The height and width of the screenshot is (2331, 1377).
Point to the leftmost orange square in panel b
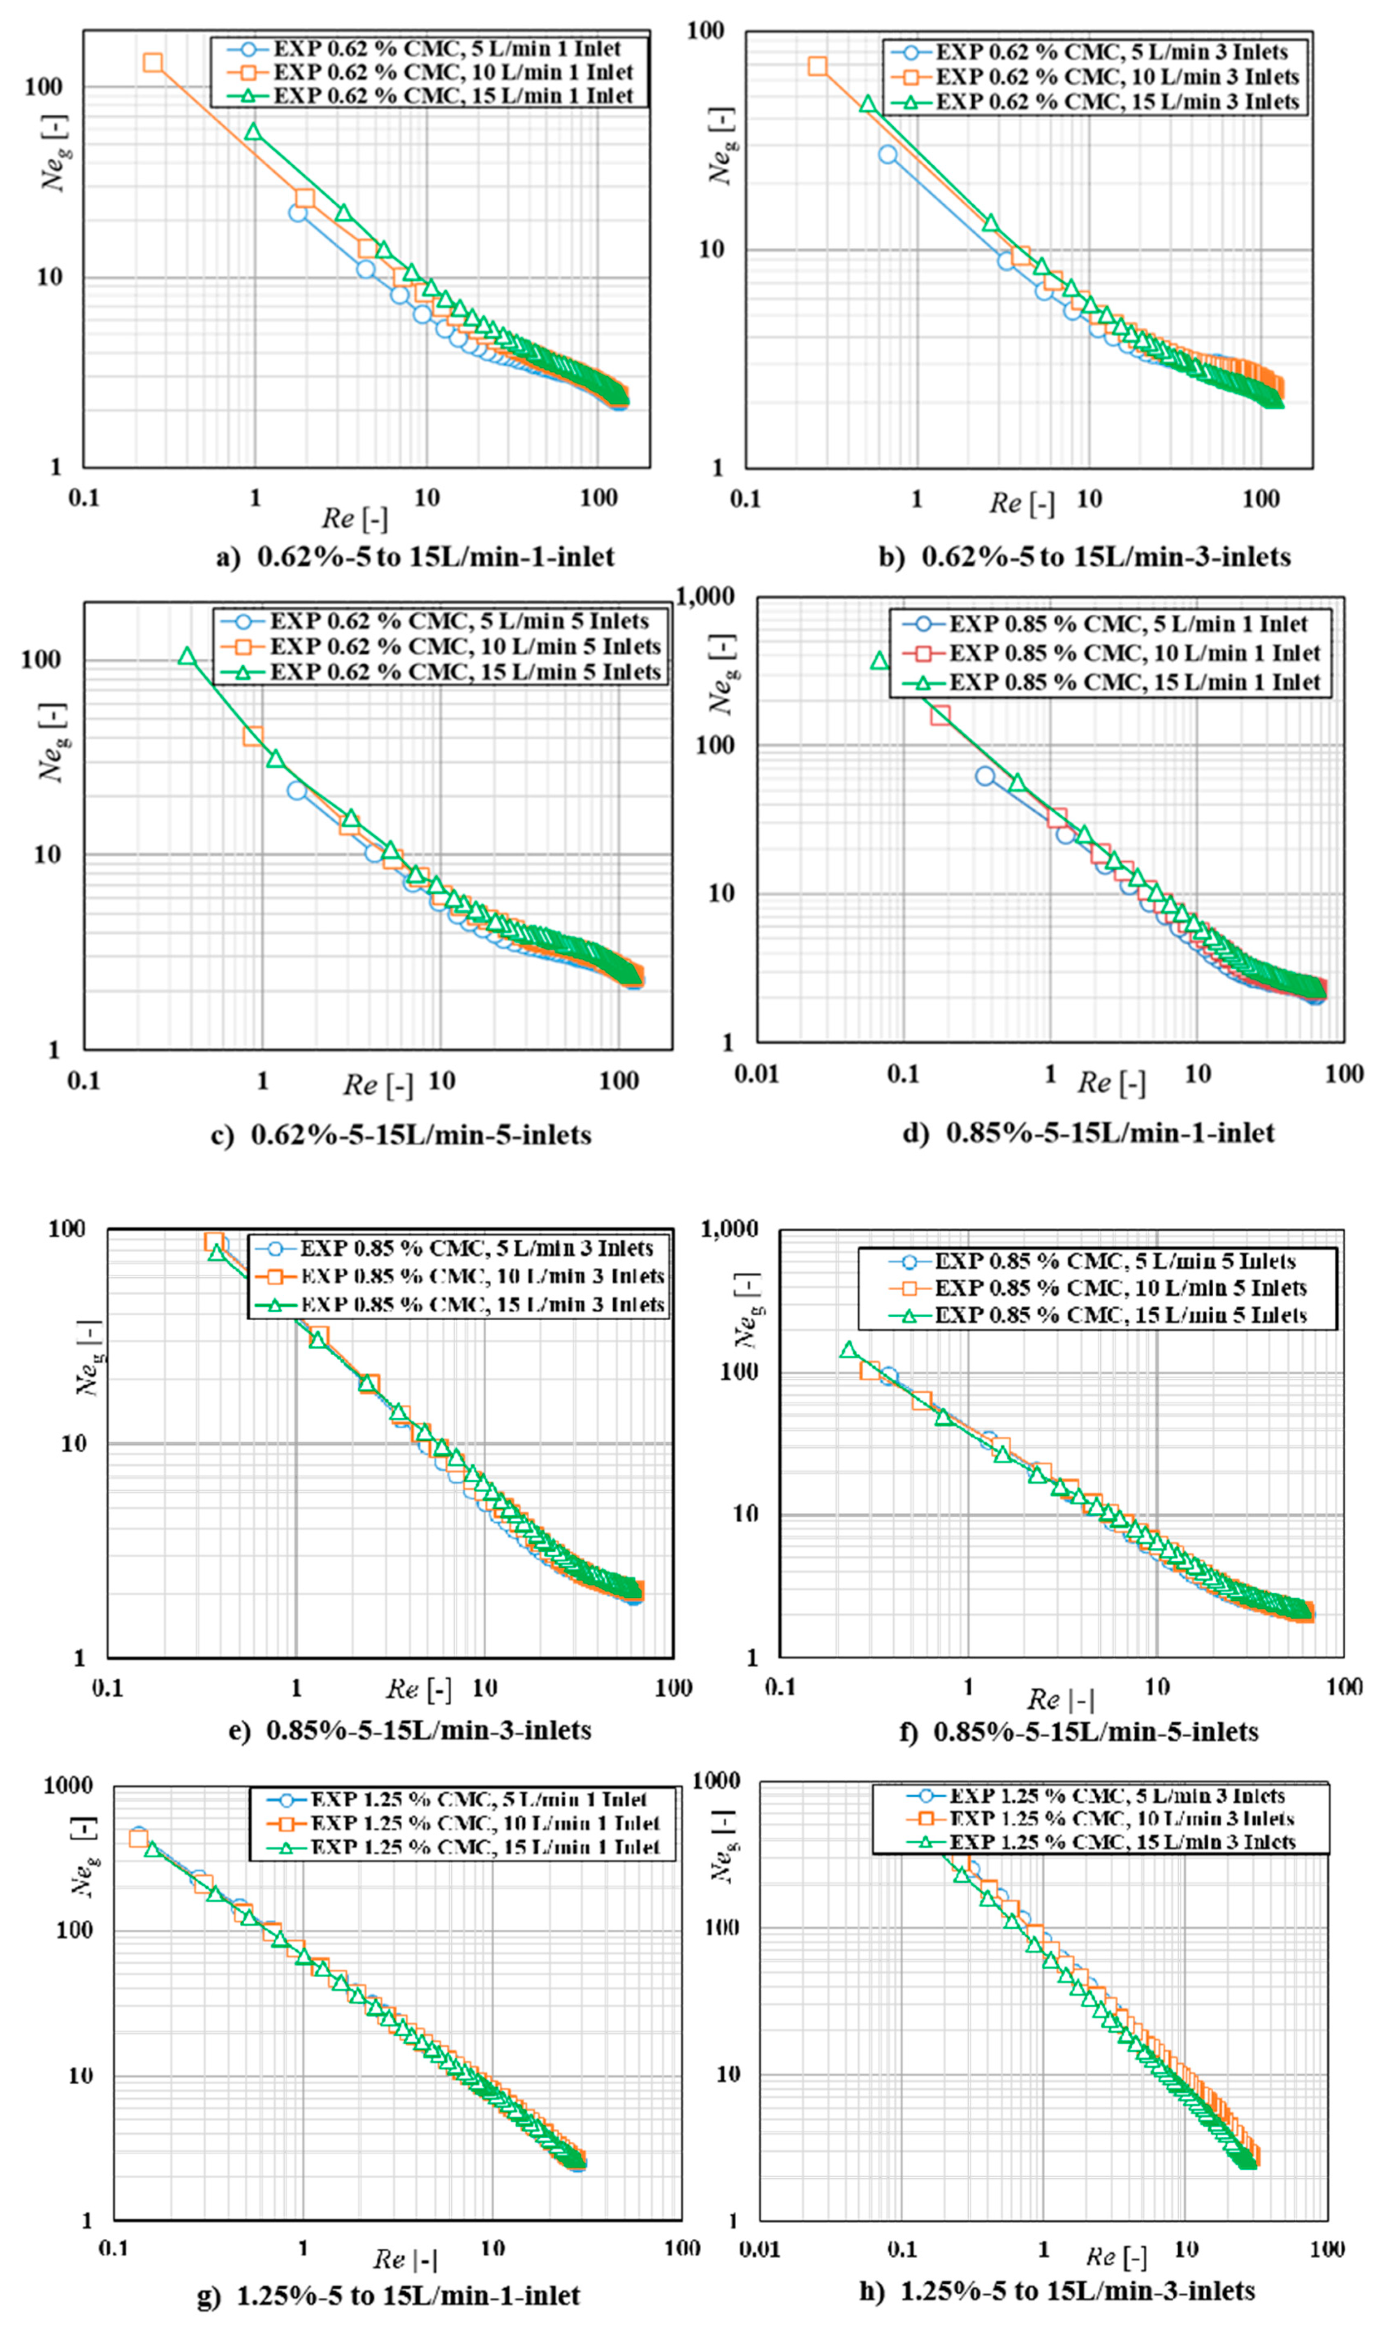coord(818,66)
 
